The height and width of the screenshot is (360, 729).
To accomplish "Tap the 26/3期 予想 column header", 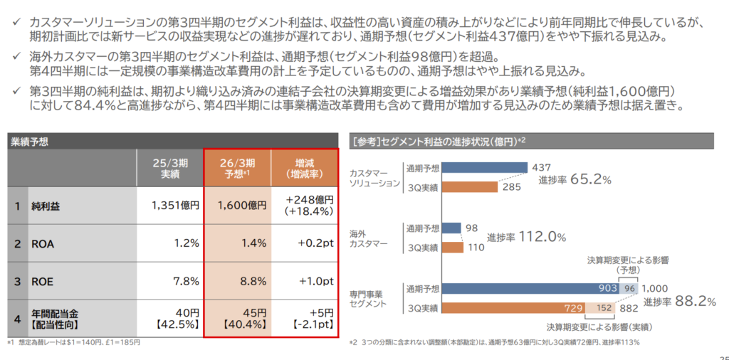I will coord(238,167).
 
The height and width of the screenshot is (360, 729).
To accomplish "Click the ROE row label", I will coord(43,281).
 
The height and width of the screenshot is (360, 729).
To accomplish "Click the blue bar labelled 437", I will coord(485,168).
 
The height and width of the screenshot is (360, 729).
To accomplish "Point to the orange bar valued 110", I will coord(453,248).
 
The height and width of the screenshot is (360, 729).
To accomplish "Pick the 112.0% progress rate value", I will coord(542,237).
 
